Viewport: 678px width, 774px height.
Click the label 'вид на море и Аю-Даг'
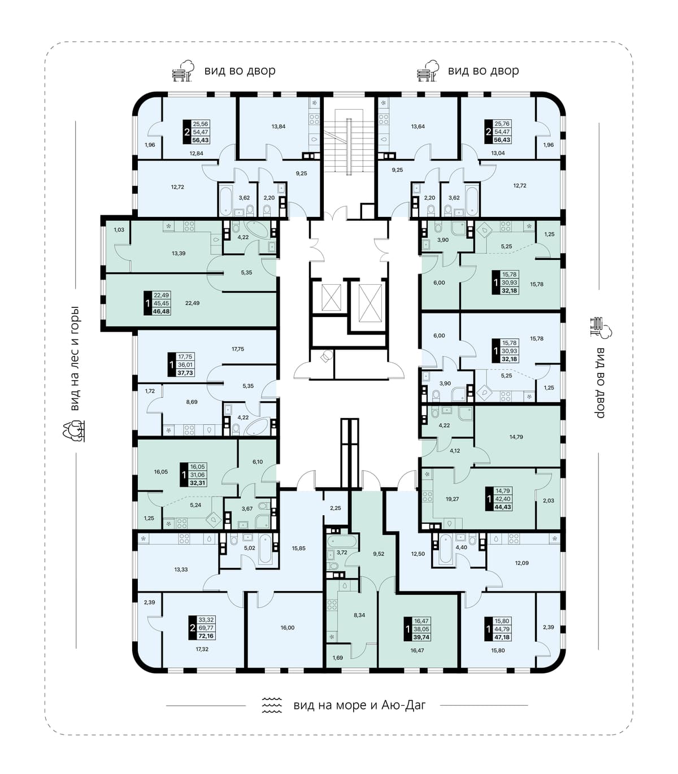(x=360, y=705)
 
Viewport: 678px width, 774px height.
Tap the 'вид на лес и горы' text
(x=75, y=358)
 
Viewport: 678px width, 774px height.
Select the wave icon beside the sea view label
(x=272, y=705)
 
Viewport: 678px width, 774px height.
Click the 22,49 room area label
(x=193, y=303)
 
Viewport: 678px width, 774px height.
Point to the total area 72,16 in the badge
(x=206, y=636)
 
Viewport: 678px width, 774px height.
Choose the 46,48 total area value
(x=161, y=311)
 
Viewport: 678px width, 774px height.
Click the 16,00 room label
(x=288, y=628)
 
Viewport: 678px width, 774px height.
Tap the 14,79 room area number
(x=516, y=437)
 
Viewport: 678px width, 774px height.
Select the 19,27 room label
(x=452, y=499)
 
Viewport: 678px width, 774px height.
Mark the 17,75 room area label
(x=238, y=349)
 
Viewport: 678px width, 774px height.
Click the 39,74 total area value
(x=421, y=637)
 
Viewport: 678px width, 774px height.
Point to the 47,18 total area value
(x=503, y=637)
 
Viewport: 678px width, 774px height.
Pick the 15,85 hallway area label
(x=298, y=548)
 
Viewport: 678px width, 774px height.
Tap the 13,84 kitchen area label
(x=278, y=127)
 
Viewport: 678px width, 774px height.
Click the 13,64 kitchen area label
(x=418, y=127)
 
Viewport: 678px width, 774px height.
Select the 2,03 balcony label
(x=548, y=501)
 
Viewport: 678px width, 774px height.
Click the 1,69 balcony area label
(x=337, y=658)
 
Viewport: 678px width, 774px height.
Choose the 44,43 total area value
(x=503, y=507)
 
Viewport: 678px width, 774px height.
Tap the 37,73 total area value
(x=185, y=373)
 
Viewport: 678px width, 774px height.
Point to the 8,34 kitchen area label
(x=359, y=615)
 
